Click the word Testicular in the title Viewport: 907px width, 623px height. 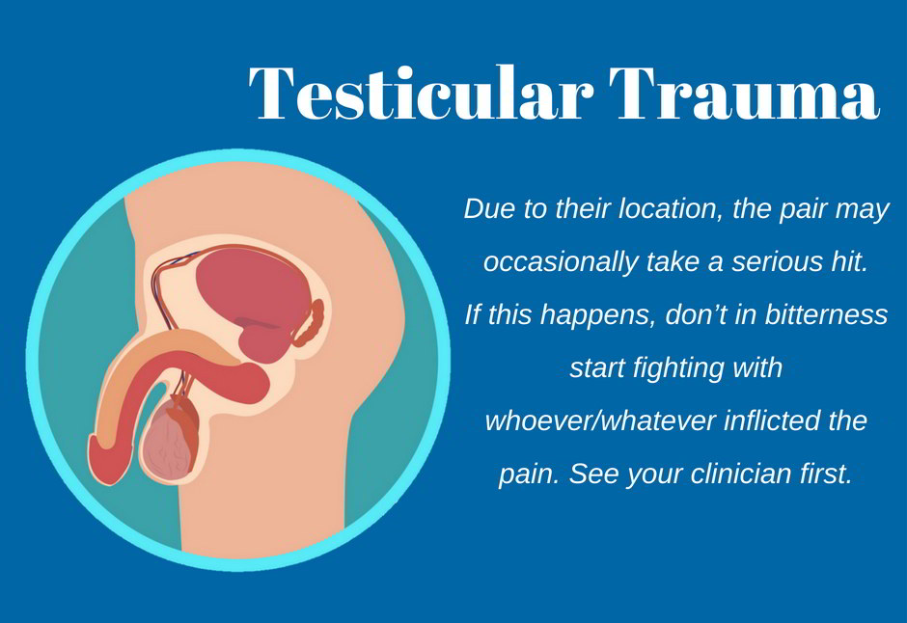coord(421,93)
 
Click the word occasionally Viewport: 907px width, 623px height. coord(561,262)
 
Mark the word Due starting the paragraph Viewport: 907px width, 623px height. coord(489,208)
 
